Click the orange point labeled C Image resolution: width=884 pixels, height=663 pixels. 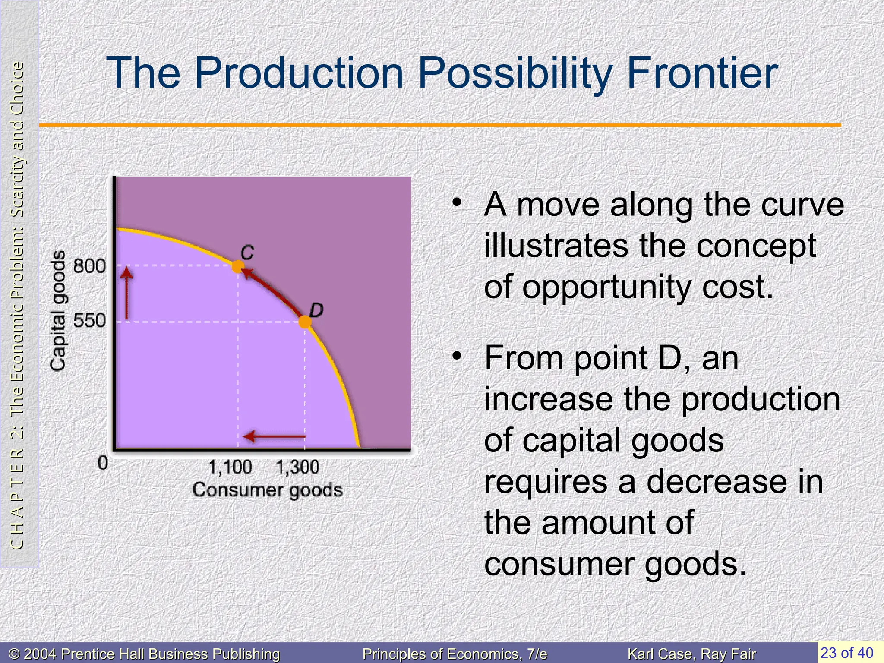click(x=237, y=266)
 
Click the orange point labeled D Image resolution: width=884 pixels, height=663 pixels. click(x=305, y=322)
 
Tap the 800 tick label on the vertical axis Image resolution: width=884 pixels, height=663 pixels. click(x=89, y=266)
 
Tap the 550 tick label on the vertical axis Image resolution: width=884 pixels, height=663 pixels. click(x=89, y=321)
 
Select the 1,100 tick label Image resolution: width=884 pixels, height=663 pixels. click(x=230, y=467)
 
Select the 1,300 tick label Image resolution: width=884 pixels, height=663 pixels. click(x=297, y=467)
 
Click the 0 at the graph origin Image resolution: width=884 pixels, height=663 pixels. click(x=103, y=463)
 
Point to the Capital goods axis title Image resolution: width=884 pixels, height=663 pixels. click(x=58, y=311)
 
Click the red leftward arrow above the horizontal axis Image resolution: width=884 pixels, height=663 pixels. click(x=275, y=436)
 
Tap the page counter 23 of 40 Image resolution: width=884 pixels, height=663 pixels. click(x=847, y=652)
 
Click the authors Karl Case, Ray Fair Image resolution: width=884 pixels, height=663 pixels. click(x=691, y=654)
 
